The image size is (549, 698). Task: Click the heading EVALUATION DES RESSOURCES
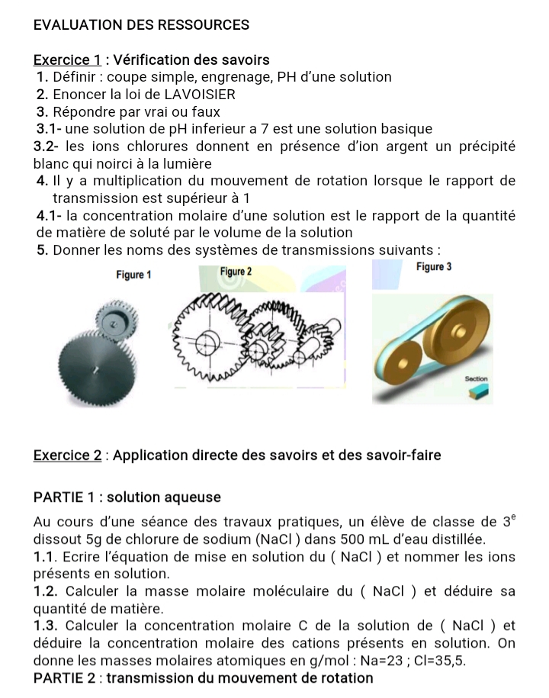[142, 24]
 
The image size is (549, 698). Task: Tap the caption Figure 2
[235, 272]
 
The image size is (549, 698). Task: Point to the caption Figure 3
[435, 267]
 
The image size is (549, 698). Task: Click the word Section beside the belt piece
[474, 378]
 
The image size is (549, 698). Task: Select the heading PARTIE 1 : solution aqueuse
[127, 497]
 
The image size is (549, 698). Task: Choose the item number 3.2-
[49, 146]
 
